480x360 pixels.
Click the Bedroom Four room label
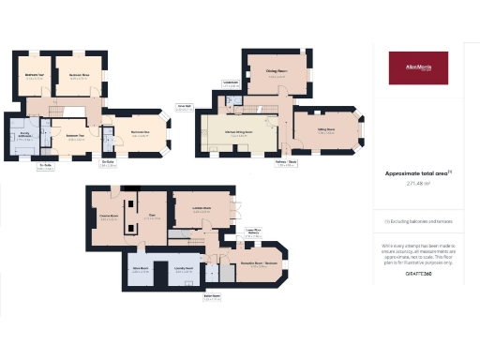[x=34, y=77]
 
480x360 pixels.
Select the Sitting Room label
[x=326, y=132]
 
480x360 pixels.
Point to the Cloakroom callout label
[x=232, y=83]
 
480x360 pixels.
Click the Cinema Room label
[x=107, y=217]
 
